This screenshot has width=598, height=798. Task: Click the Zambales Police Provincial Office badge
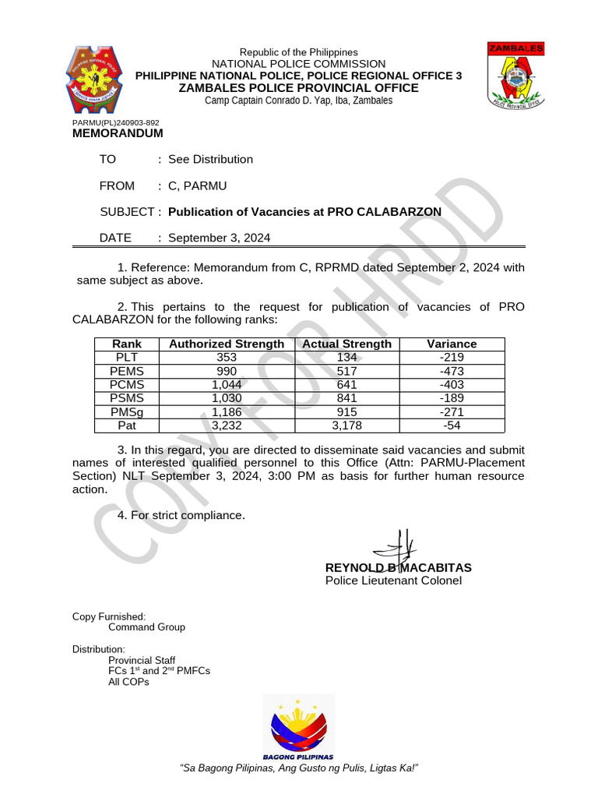tap(515, 76)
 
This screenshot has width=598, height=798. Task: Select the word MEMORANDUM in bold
tap(118, 133)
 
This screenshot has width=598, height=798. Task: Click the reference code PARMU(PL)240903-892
tap(115, 123)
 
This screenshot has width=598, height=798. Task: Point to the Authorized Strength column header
tap(227, 344)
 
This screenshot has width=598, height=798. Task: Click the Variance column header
tap(452, 344)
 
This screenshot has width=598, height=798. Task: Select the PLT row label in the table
tap(126, 357)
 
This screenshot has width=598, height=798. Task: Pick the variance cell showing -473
tap(452, 371)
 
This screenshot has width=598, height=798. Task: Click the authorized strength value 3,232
tap(227, 425)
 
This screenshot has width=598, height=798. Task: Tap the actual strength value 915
tap(346, 412)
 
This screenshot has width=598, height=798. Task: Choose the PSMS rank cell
tap(126, 398)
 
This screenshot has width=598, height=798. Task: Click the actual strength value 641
tap(346, 384)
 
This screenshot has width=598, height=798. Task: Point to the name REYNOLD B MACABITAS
tap(398, 567)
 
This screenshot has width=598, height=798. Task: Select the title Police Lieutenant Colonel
tap(393, 581)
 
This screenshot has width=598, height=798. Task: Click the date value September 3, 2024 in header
tap(220, 238)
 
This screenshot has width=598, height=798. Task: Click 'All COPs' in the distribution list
tap(128, 682)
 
